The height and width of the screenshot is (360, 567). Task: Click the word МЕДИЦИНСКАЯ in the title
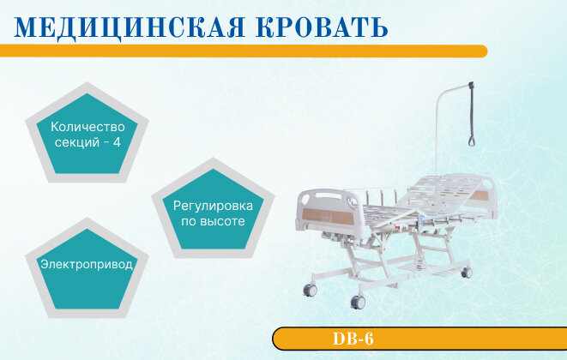130,27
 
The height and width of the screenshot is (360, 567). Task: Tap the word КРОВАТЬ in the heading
322,27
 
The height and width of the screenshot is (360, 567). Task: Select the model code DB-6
353,339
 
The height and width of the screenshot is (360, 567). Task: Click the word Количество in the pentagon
87,127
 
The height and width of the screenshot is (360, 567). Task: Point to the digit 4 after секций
117,142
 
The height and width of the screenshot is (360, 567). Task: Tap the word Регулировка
213,206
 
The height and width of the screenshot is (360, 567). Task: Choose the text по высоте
213,221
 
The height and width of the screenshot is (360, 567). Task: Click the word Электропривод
87,265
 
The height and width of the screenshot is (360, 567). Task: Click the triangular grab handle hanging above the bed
472,140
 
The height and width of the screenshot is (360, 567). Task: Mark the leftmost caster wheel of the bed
310,290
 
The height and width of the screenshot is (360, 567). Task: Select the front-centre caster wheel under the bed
358,302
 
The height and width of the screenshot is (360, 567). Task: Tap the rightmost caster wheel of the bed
467,273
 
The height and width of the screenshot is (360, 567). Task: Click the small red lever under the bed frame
397,228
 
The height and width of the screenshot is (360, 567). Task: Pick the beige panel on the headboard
480,196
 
